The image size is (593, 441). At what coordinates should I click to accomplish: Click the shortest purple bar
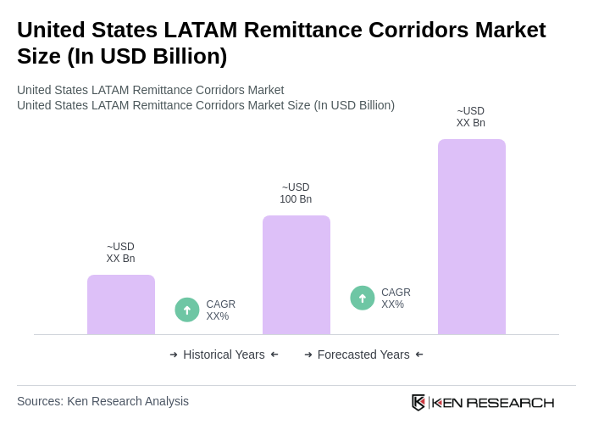[x=121, y=304]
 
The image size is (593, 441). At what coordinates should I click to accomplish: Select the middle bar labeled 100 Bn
[x=296, y=275]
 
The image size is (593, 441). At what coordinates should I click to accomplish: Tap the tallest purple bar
[x=471, y=237]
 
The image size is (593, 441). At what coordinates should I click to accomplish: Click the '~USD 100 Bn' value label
[x=296, y=193]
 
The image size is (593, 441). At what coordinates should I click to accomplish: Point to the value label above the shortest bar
[x=120, y=253]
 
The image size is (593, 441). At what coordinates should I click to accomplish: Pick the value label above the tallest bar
[x=470, y=117]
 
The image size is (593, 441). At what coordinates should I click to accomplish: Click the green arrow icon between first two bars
[x=187, y=310]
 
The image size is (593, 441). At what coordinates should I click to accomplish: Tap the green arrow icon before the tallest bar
[x=363, y=298]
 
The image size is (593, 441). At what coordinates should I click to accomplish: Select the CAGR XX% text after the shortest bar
[x=220, y=310]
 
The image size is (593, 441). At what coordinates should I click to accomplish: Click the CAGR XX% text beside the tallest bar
[x=396, y=299]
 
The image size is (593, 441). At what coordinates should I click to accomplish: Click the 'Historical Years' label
[x=224, y=354]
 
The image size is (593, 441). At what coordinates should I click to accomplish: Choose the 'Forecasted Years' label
[x=363, y=354]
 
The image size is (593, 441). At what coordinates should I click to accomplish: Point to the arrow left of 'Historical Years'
[x=174, y=354]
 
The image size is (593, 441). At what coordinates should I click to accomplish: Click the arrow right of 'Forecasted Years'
[x=419, y=354]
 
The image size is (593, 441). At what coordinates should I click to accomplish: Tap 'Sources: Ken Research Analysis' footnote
[x=103, y=401]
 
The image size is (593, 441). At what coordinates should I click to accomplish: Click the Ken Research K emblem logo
[x=418, y=402]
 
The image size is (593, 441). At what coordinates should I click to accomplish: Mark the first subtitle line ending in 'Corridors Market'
[x=150, y=90]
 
